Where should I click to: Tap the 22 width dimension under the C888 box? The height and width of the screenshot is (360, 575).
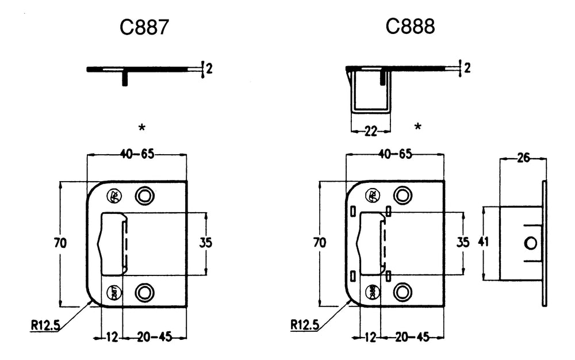click(x=371, y=132)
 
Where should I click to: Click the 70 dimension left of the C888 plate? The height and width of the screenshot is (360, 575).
click(x=319, y=243)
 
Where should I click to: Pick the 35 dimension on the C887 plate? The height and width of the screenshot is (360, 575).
click(x=205, y=243)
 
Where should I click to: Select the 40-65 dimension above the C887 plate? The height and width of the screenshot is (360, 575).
click(x=137, y=154)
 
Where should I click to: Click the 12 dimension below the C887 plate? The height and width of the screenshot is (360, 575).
click(x=112, y=337)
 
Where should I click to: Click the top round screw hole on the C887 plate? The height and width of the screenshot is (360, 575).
click(x=144, y=197)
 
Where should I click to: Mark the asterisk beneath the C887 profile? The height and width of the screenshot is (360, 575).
click(x=141, y=126)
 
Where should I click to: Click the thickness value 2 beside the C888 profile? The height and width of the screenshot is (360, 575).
click(x=467, y=68)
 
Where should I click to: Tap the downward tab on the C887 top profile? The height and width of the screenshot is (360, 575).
click(x=124, y=78)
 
